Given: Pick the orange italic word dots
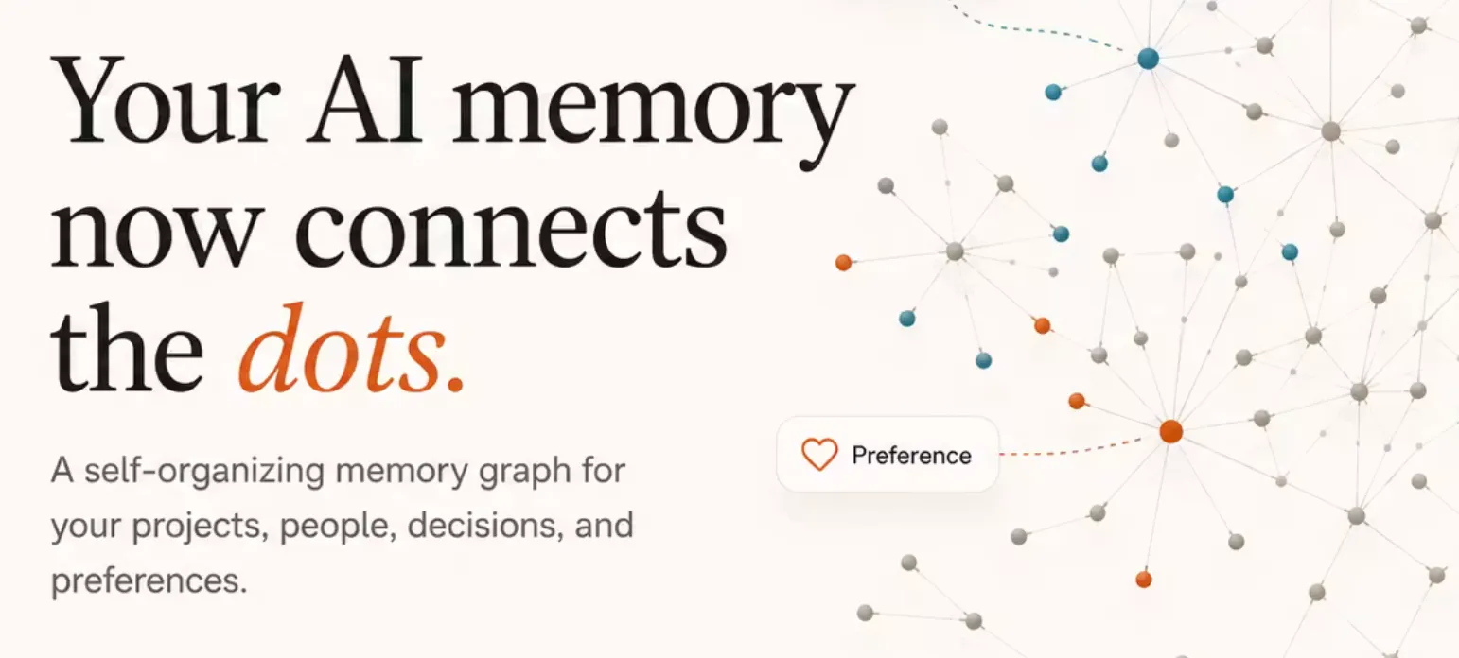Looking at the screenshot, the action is (342, 349).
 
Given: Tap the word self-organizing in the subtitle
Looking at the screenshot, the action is (204, 472).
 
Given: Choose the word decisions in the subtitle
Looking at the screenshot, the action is (485, 525).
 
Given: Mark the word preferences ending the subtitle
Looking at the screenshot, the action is (149, 581).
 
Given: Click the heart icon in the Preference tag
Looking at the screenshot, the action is (819, 454).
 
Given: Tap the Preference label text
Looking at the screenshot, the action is (911, 455).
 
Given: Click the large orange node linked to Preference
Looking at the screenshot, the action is (1171, 431).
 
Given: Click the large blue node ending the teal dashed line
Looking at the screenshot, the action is (1149, 59).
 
